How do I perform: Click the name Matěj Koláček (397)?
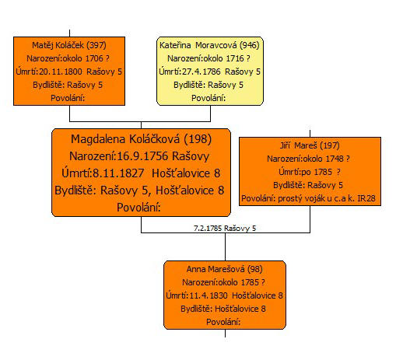click(69, 45)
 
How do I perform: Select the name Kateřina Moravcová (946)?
click(209, 45)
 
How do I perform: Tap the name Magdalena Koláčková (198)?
click(141, 139)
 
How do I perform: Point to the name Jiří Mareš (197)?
click(310, 145)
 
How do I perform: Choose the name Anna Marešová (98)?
click(224, 269)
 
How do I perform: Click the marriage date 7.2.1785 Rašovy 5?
click(225, 229)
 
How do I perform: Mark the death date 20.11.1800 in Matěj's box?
click(61, 72)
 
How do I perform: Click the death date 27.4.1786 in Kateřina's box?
click(202, 72)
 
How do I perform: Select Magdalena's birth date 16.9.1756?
click(142, 156)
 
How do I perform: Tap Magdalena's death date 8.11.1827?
click(118, 173)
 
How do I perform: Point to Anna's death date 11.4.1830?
click(209, 295)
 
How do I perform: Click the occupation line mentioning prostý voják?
click(308, 198)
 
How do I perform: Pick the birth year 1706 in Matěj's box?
click(94, 58)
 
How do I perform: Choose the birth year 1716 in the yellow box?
click(235, 58)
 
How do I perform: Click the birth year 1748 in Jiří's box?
click(335, 159)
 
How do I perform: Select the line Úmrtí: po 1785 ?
click(310, 172)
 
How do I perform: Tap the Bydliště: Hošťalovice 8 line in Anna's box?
click(223, 309)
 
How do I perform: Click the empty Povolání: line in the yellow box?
click(209, 98)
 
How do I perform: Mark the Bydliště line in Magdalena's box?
click(139, 190)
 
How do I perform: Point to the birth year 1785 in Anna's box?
click(250, 282)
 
